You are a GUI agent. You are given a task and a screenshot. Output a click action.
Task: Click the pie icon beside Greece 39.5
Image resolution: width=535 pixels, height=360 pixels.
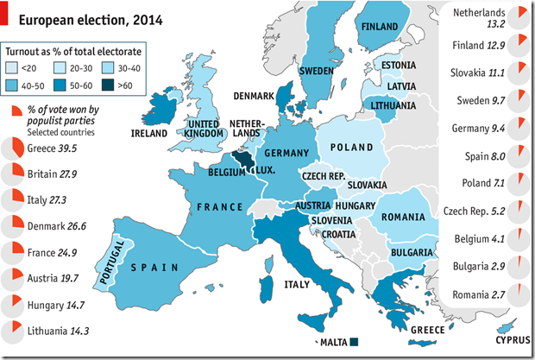point(13,149)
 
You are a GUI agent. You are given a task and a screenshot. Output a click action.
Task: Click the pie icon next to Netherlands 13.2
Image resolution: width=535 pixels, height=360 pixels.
point(516,15)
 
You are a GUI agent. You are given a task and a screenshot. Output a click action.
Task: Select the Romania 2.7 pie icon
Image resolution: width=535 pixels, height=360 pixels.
point(516,295)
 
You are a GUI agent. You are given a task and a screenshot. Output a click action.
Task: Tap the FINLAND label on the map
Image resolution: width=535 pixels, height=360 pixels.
point(380,27)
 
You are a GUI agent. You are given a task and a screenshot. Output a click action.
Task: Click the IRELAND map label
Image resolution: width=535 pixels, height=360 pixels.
point(149,134)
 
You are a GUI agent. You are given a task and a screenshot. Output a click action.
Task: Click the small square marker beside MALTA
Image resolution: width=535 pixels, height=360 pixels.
point(353,342)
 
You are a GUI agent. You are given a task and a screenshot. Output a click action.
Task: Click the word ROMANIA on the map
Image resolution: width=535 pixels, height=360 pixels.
point(400,214)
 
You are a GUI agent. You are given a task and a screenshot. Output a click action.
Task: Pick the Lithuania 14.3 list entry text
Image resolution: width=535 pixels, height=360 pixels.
point(58,330)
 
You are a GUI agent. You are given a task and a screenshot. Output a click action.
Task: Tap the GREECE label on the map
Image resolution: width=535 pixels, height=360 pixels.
point(426,330)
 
